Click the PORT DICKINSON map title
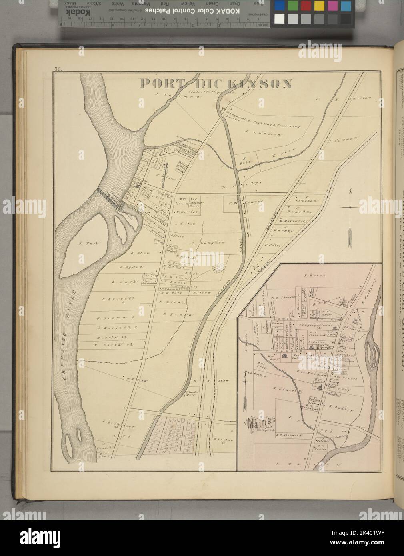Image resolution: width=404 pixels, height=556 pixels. click(216, 84)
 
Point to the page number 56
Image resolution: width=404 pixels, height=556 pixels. click(58, 70)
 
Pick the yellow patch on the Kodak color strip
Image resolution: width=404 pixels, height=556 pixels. click(319, 6)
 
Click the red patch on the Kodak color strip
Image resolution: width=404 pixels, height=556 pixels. click(306, 6)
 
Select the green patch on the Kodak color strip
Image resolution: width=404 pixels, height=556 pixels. click(293, 6)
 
